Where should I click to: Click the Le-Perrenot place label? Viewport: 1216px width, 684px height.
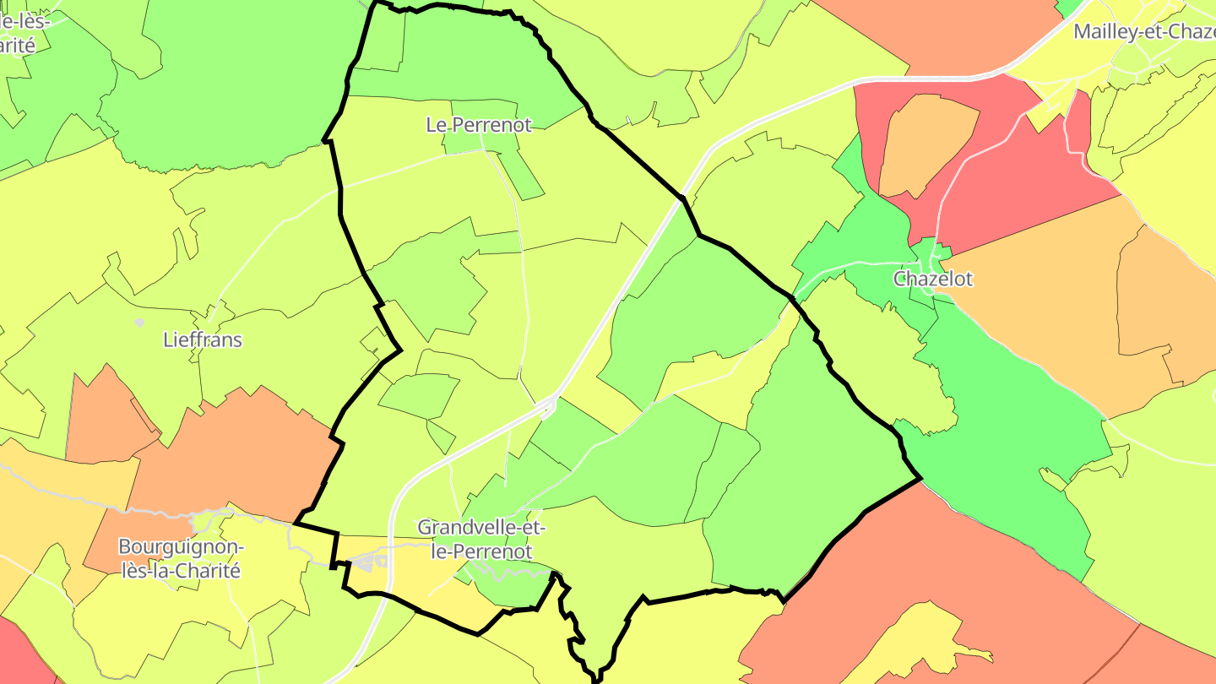pos(479,125)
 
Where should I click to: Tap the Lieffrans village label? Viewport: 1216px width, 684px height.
pos(202,340)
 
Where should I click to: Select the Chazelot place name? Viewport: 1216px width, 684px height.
pos(933,279)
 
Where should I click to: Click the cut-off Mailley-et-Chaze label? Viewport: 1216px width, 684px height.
pos(1143,32)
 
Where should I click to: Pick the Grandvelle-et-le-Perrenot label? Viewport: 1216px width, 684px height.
pos(481,540)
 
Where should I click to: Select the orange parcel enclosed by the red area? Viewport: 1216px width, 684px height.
pos(925,144)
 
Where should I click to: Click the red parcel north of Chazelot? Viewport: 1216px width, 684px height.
pos(1013,186)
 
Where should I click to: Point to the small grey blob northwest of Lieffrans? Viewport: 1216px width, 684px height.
pos(139,322)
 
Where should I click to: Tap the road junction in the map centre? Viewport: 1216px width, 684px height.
pos(550,405)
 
